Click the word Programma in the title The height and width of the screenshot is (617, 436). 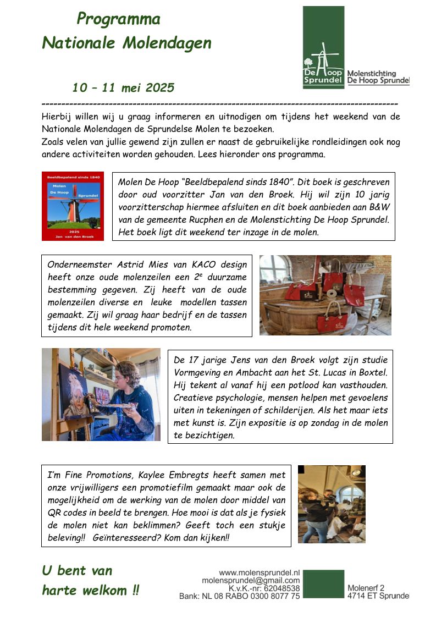click(x=118, y=19)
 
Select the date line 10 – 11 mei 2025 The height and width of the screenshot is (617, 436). click(x=123, y=87)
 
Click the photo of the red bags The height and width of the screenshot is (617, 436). click(x=325, y=295)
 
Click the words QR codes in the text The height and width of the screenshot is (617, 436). click(x=66, y=513)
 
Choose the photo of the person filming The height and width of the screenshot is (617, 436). click(x=332, y=504)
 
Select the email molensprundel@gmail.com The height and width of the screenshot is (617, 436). click(x=251, y=580)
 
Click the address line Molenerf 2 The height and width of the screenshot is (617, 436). click(x=366, y=588)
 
